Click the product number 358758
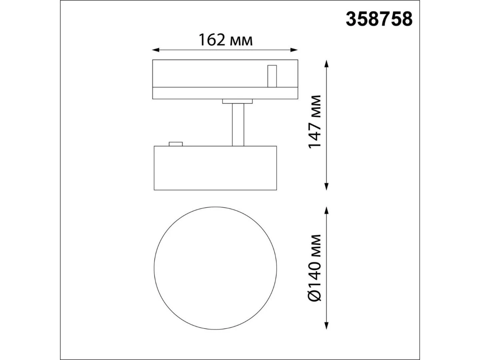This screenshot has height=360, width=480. click(379, 19)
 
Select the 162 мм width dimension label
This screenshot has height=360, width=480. click(226, 40)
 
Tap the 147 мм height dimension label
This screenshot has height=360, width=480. click(314, 122)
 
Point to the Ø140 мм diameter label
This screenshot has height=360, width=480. click(314, 268)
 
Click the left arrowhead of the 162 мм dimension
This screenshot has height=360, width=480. click(156, 50)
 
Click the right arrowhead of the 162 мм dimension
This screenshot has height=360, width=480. click(294, 50)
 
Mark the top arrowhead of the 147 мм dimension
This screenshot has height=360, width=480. click(326, 64)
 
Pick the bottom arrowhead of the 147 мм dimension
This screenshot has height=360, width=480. click(326, 186)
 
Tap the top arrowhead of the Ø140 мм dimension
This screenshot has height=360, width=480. click(326, 210)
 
